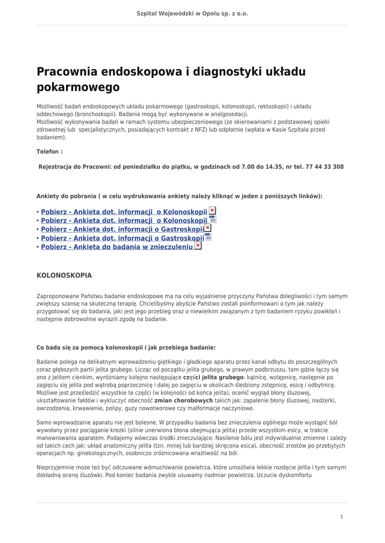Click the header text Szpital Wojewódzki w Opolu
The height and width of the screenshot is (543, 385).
click(x=192, y=14)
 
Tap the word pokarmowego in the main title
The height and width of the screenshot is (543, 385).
click(x=78, y=87)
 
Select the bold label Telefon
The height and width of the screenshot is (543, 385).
click(x=49, y=152)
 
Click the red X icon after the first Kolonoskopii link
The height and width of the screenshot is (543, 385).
click(x=212, y=211)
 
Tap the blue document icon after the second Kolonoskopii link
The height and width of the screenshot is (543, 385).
click(x=212, y=220)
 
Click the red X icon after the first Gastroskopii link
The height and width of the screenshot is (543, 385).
click(x=208, y=228)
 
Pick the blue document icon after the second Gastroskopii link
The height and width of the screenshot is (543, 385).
click(x=208, y=237)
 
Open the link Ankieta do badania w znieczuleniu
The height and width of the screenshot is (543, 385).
click(x=117, y=247)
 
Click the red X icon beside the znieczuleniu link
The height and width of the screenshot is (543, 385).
click(x=198, y=246)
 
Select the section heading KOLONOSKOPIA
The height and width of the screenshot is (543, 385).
click(x=64, y=276)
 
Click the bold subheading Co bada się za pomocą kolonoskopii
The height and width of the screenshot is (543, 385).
click(x=126, y=348)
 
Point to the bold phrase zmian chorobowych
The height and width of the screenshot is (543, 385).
click(x=183, y=401)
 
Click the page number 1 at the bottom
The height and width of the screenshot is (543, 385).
click(x=341, y=516)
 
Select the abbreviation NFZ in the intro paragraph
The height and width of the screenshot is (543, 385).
click(x=207, y=129)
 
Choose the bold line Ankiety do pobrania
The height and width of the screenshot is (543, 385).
click(x=179, y=196)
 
